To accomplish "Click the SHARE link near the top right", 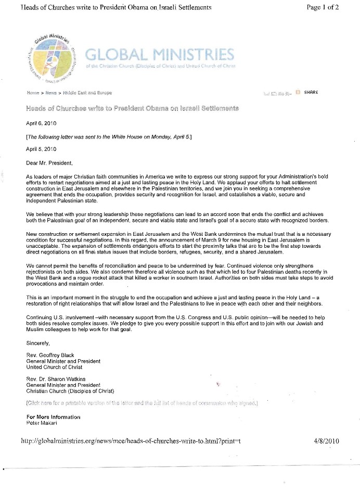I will tap(311, 93).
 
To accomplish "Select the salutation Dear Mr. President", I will tap(50, 163).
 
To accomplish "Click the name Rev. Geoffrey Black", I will tap(50, 356).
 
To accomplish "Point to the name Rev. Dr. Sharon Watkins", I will tap(56, 378).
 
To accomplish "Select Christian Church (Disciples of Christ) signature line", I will tap(70, 391).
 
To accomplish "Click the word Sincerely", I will tap(38, 343).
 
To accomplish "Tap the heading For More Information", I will tap(53, 417).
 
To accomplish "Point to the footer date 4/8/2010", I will tap(327, 441).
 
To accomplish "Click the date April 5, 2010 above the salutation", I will tap(41, 149).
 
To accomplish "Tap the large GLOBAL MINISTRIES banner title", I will tap(159, 54).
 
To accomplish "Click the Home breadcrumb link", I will tap(33, 93).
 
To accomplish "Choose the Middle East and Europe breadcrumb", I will tap(87, 93).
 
